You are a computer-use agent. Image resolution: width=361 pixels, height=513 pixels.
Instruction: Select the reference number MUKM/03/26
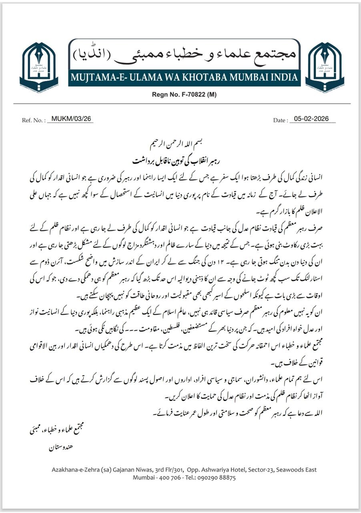coord(70,119)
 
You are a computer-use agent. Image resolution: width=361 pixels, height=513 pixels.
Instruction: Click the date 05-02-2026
coord(311,119)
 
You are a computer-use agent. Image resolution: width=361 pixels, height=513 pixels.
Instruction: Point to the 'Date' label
coord(280,120)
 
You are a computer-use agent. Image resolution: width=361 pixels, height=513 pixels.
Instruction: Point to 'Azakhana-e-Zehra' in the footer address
coord(76,470)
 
